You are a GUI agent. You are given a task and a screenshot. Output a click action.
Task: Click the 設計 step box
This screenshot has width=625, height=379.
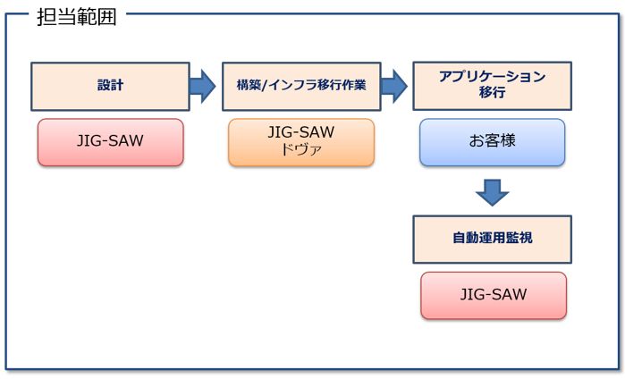[110, 86]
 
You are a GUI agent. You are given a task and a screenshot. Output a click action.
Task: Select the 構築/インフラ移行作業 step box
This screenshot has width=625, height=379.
[301, 86]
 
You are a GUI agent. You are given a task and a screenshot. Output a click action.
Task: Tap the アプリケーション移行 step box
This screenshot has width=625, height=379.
[492, 86]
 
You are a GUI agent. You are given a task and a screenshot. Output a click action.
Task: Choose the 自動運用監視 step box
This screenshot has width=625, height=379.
[492, 239]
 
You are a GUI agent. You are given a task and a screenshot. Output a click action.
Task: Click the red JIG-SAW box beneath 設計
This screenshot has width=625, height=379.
[110, 142]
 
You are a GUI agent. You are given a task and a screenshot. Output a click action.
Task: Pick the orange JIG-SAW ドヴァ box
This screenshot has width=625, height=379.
[300, 142]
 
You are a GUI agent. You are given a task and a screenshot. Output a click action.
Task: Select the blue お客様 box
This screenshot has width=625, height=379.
[492, 142]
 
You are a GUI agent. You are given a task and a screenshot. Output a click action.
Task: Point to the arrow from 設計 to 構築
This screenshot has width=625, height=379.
[203, 86]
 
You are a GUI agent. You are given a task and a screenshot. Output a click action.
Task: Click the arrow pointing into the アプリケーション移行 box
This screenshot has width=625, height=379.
[394, 86]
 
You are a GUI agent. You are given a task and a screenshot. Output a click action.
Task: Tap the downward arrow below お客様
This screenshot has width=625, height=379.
[492, 190]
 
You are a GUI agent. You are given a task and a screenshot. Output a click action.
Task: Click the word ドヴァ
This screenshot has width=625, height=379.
[300, 150]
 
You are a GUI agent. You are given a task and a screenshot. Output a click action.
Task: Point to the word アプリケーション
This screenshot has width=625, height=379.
[492, 77]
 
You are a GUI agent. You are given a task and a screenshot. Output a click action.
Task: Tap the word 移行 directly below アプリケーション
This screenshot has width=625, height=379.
[492, 94]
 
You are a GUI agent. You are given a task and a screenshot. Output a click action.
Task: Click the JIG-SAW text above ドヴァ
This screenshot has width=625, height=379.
[300, 132]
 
